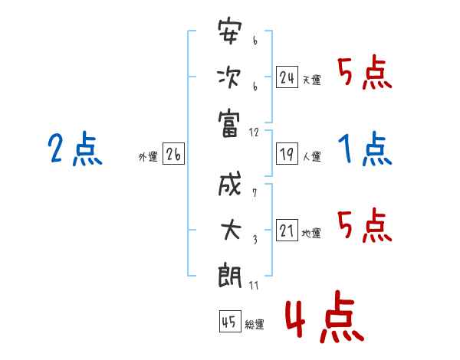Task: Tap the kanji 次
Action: pos(230,79)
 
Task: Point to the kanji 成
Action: pos(230,186)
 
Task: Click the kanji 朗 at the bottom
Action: pos(230,277)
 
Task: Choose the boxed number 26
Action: pos(173,155)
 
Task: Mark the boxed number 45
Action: pos(229,322)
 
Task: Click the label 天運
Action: pos(311,80)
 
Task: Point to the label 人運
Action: pos(311,157)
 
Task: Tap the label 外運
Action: pos(147,157)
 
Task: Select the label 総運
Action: pos(255,324)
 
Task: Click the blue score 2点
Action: pos(74,149)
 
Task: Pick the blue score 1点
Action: pos(365,149)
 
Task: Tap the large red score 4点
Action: pos(324,320)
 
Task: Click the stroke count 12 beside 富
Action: pos(255,132)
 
